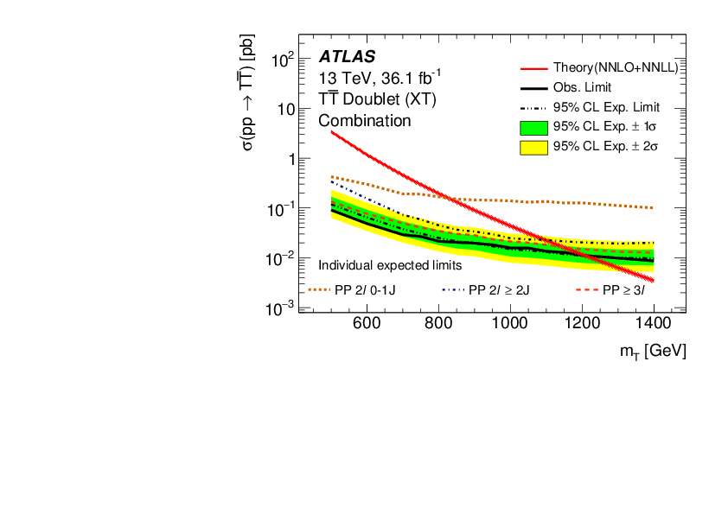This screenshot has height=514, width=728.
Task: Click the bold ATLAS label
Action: [347, 57]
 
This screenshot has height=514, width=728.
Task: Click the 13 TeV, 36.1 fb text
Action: [374, 78]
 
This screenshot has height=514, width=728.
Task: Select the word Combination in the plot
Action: [365, 121]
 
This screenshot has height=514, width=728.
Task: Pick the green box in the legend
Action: [535, 128]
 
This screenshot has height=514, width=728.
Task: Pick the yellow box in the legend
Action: [535, 148]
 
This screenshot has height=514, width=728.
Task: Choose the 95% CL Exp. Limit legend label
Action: [606, 108]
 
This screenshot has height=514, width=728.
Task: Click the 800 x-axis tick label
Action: [438, 324]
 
